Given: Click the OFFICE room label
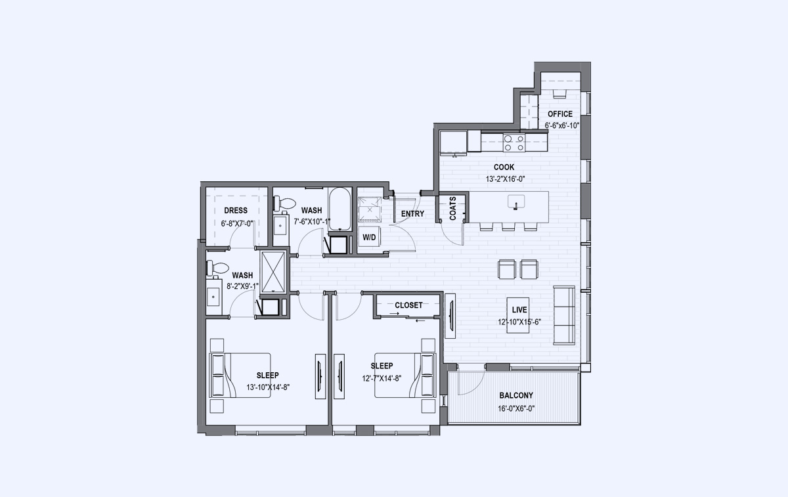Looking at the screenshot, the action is point(560,114).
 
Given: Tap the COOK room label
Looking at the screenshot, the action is point(504,167).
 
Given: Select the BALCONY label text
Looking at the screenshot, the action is point(516,395).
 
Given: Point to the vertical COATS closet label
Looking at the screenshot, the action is point(452,208).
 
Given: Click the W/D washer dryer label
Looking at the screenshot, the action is point(369,238).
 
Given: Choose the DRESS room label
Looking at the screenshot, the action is point(236,210).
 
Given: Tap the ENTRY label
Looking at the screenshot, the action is point(412,213).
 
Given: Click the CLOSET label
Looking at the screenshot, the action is point(408,305).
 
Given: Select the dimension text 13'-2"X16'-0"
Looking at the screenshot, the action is point(505,179).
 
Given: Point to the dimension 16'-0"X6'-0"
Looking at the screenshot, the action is point(516,408).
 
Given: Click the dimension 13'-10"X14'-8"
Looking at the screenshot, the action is point(268,387).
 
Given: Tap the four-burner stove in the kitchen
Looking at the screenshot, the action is point(514,143).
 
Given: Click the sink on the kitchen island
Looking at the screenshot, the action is point(516,202).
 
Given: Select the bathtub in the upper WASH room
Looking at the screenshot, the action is point(340,209).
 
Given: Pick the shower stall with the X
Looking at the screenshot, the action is point(273,272).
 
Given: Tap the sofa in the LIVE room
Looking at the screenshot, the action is point(564,315).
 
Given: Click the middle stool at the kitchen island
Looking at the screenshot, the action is point(508,227).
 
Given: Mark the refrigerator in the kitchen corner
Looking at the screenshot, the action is point(453,143).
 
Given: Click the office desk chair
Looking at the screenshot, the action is point(559,94).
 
